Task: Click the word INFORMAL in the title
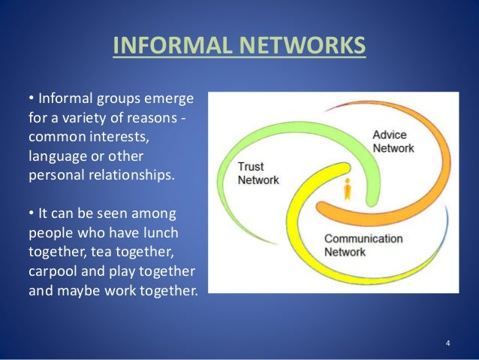pos(156,46)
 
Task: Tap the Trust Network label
pos(258,174)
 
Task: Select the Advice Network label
pos(393,142)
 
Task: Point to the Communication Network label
pos(363,246)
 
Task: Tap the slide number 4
pos(447,344)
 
